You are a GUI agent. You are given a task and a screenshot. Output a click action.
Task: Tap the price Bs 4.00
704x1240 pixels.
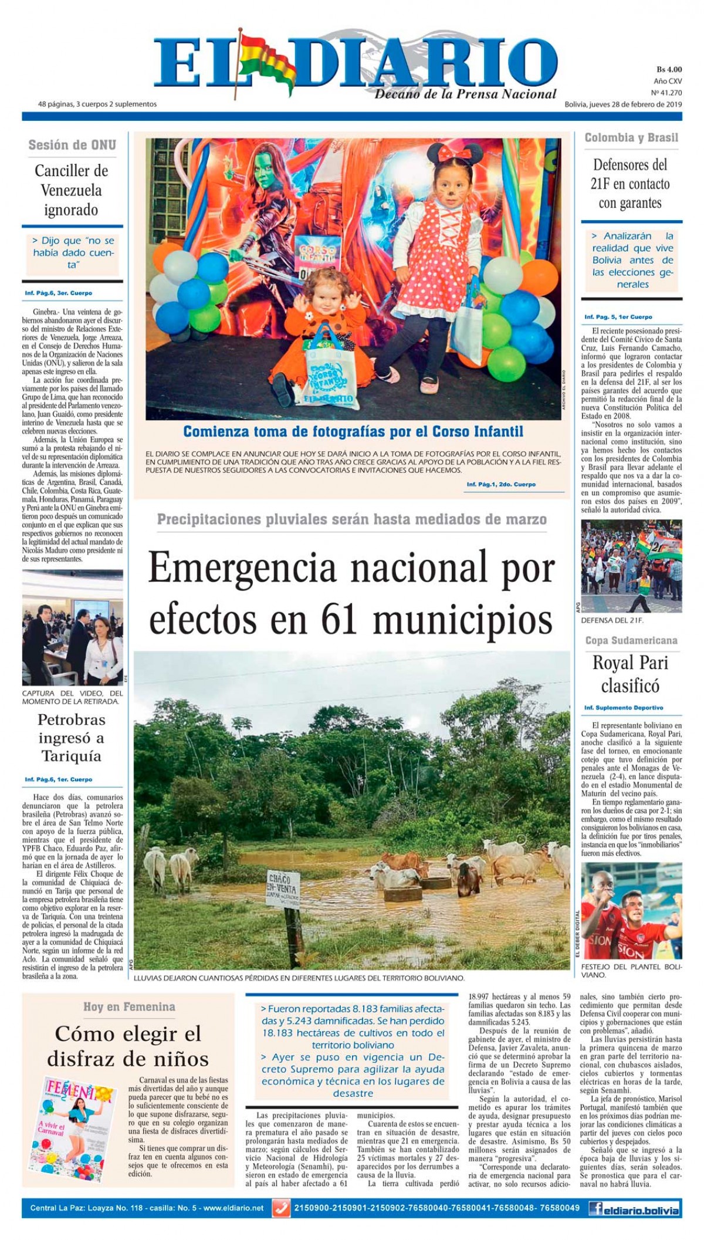pos(669,70)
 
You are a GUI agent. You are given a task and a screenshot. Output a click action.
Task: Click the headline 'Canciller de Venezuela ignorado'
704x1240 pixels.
pos(72,190)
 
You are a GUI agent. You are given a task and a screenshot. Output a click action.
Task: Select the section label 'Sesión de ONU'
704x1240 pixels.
pos(72,145)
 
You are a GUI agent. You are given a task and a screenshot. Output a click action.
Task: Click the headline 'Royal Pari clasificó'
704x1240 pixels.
pos(631,674)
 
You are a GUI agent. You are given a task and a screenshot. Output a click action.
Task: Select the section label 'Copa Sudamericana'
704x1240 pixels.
pos(631,640)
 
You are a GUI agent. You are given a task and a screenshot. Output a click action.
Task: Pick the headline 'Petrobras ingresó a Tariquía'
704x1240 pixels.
pos(72,738)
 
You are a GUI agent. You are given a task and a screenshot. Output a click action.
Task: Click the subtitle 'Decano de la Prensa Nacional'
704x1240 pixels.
pos(465,94)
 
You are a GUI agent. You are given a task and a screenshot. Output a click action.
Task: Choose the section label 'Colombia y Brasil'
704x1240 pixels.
pos(631,138)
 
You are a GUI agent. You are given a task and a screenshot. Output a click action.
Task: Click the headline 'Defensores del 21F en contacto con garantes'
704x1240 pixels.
pos(630,184)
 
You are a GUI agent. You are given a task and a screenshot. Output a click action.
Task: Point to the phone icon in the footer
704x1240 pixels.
pos(282,1208)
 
